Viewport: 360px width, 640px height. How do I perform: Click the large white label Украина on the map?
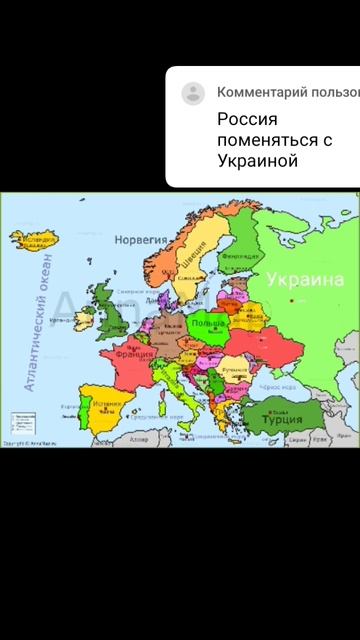coord(304,279)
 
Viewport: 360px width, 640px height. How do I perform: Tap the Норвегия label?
coord(140,241)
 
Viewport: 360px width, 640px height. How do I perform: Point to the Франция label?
coord(133,354)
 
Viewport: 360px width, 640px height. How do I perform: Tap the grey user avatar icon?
coord(193,94)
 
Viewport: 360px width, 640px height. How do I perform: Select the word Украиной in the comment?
coord(258,161)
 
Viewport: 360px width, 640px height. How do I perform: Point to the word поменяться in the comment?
coord(264,140)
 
